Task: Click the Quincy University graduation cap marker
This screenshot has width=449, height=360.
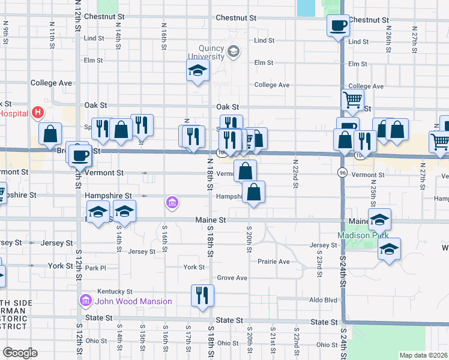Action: coord(197,72)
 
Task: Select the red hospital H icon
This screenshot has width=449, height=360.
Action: coord(38,112)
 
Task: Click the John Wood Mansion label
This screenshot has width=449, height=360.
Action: coord(134,301)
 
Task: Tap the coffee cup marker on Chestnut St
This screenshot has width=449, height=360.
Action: coord(338,26)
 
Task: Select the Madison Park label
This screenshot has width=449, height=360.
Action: coord(358,235)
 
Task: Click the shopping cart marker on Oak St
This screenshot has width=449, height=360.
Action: coord(352,100)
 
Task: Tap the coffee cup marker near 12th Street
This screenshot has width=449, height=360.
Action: coord(80,157)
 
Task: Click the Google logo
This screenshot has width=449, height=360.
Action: coord(20,353)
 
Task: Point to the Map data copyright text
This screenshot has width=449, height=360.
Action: coord(423,355)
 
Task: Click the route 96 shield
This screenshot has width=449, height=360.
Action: coord(342,173)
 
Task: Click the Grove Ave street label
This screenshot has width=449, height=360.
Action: coord(232,278)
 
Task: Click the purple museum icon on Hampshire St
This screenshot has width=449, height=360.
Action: coord(172,203)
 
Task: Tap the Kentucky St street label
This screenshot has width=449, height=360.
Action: coord(111,290)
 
